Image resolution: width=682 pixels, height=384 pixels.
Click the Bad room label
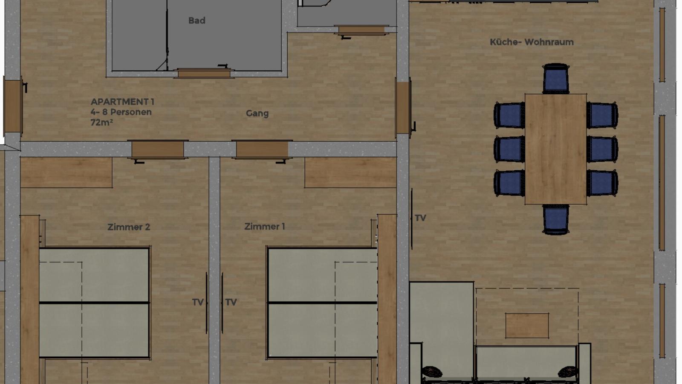pos(197,21)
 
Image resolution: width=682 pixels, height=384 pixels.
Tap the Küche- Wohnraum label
pos(532,42)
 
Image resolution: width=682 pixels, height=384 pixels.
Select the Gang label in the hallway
pos(257,113)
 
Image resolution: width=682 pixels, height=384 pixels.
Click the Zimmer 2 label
pos(128,227)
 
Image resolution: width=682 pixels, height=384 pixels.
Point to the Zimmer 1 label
pos(265,227)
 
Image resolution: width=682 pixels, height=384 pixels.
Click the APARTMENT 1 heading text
pos(122,102)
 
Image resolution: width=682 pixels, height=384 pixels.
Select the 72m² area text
pos(102,122)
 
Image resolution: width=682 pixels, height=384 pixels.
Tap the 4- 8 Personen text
pos(121,112)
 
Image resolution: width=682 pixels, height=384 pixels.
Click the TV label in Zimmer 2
pos(198,302)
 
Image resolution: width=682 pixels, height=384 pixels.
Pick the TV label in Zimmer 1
pos(231,302)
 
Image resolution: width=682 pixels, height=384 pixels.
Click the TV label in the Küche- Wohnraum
pos(420,218)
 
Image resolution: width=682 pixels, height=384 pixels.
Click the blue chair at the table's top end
pos(556,79)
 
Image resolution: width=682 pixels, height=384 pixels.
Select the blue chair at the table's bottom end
pos(556,219)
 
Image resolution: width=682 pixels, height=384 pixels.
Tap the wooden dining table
pos(556,149)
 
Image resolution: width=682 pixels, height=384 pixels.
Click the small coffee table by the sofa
pos(527,326)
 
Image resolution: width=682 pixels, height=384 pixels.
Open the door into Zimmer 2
pos(158,150)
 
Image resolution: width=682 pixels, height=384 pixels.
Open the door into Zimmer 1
pos(262,150)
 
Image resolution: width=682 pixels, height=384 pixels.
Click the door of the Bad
pos(204,73)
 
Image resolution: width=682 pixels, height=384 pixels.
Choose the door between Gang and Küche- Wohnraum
pos(403,108)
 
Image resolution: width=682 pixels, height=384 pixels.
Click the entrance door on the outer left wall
pos(13,106)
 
